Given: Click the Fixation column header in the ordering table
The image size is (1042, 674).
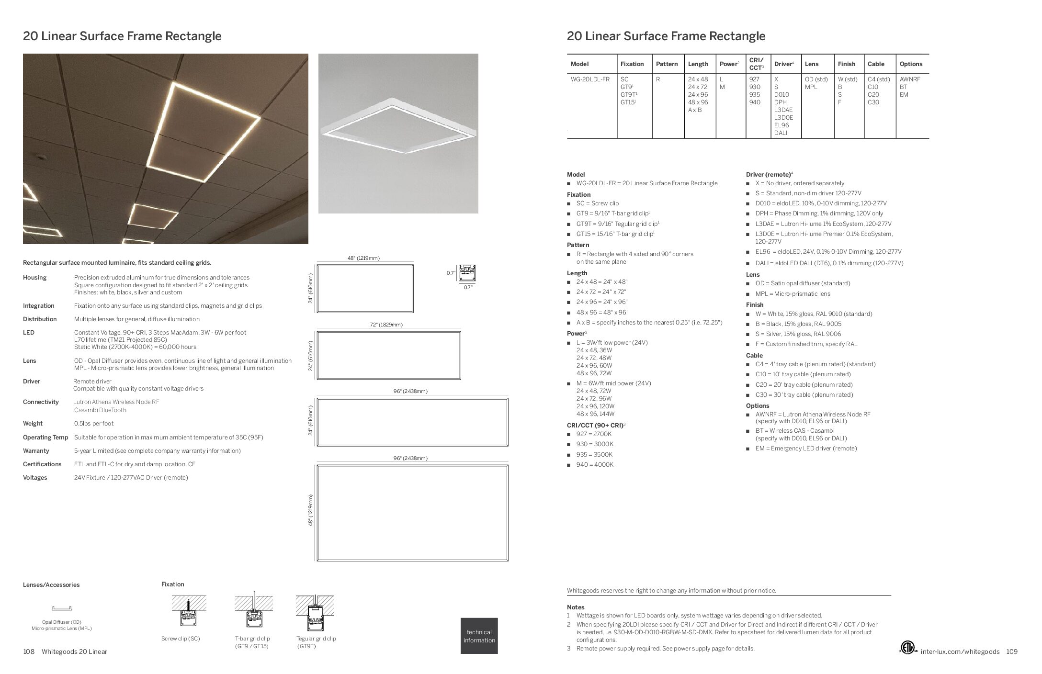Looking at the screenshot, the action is pos(632,64).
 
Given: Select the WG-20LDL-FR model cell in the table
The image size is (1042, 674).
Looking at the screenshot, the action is pos(590,79).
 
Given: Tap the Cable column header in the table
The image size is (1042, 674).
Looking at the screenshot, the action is pos(876,64).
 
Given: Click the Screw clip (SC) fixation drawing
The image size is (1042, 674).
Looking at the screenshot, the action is pos(189,612).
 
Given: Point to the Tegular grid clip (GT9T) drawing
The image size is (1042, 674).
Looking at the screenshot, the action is pos(315,612).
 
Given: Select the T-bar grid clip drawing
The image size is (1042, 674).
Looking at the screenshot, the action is pos(254,612).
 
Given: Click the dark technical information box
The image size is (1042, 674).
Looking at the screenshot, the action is pos(479,636).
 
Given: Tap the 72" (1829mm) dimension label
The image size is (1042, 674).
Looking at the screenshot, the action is pos(386,325).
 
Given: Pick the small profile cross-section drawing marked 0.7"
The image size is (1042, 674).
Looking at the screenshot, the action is pos(467,273).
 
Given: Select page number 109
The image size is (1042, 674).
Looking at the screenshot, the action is pos(1011,652).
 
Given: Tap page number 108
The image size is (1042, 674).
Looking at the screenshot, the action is pos(29,652).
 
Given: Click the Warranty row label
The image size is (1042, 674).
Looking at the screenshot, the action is pos(36,451).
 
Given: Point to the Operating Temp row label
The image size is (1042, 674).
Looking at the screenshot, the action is pos(45,438).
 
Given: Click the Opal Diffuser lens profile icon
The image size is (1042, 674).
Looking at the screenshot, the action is pos(62,608).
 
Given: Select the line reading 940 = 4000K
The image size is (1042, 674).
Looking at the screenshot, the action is pos(595,465).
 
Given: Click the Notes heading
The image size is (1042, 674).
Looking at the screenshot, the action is pos(576,607).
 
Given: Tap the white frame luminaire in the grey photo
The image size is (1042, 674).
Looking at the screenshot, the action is pos(398,126).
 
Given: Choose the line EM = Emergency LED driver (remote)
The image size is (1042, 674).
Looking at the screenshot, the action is pos(806,449).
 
